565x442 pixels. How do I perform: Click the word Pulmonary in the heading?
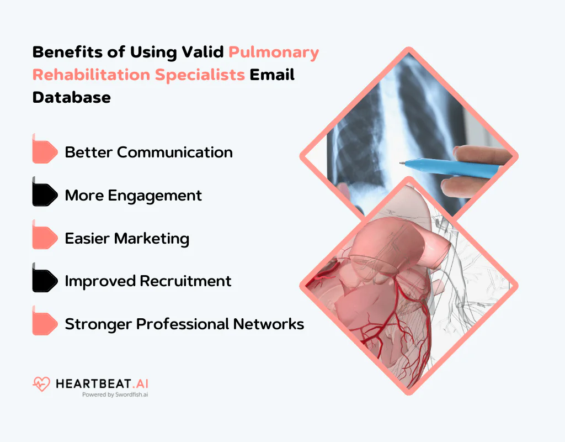pyautogui.click(x=274, y=52)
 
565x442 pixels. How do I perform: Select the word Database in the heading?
pyautogui.click(x=72, y=97)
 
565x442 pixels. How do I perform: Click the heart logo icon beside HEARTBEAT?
pyautogui.click(x=41, y=384)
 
